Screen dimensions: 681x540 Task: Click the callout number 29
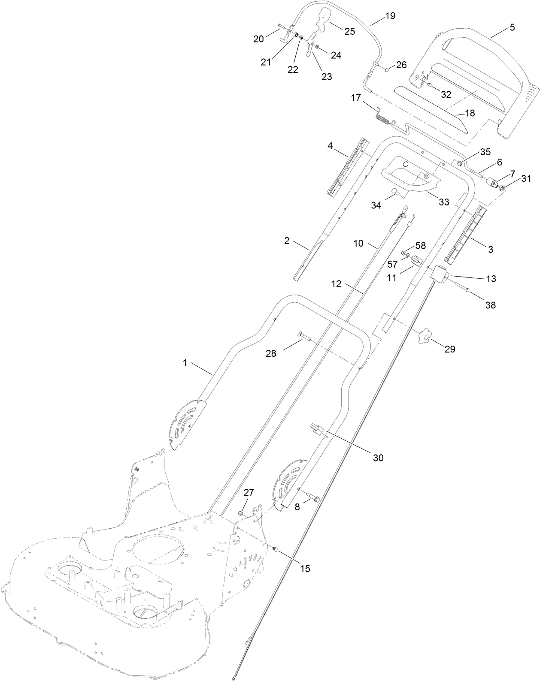click(x=449, y=349)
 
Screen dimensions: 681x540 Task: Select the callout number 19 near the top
click(x=390, y=16)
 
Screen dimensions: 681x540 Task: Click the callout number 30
click(x=378, y=458)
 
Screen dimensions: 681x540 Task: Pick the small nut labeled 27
click(x=241, y=513)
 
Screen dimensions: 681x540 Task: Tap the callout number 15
click(x=305, y=569)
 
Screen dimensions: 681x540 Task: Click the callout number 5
click(x=512, y=27)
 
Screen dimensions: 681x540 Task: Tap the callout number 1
click(x=185, y=362)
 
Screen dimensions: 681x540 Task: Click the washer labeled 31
click(x=503, y=187)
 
